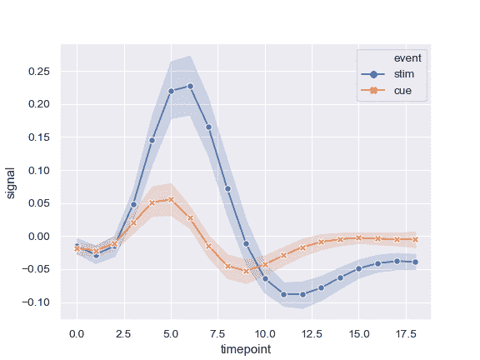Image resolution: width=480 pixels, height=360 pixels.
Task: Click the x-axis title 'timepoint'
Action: click(245, 350)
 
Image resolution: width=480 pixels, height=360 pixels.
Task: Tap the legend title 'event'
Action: click(407, 58)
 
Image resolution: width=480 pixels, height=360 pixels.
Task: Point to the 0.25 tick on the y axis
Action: click(38, 72)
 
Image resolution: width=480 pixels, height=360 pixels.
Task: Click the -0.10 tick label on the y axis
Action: click(37, 302)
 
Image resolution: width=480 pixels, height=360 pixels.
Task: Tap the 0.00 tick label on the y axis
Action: click(38, 236)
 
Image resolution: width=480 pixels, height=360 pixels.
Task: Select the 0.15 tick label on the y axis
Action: click(38, 137)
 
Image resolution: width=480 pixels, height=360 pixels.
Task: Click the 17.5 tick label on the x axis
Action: click(406, 333)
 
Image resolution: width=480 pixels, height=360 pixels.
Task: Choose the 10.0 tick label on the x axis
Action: click(265, 333)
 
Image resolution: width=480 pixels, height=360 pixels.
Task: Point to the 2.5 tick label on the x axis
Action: click(124, 333)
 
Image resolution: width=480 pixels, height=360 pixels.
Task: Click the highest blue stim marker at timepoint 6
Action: click(190, 86)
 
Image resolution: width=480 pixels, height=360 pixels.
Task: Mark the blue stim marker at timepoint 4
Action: click(152, 140)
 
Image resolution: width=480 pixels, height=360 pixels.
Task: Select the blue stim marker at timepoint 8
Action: click(227, 189)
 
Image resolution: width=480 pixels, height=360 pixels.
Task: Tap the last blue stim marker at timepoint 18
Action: click(415, 262)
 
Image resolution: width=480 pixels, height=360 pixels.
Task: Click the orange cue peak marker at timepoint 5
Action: click(171, 199)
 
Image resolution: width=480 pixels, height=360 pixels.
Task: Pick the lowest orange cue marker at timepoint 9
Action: click(246, 271)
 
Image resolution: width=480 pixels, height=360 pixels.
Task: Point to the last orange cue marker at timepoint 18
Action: click(415, 239)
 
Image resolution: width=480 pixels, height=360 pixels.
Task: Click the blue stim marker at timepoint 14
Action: click(340, 277)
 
